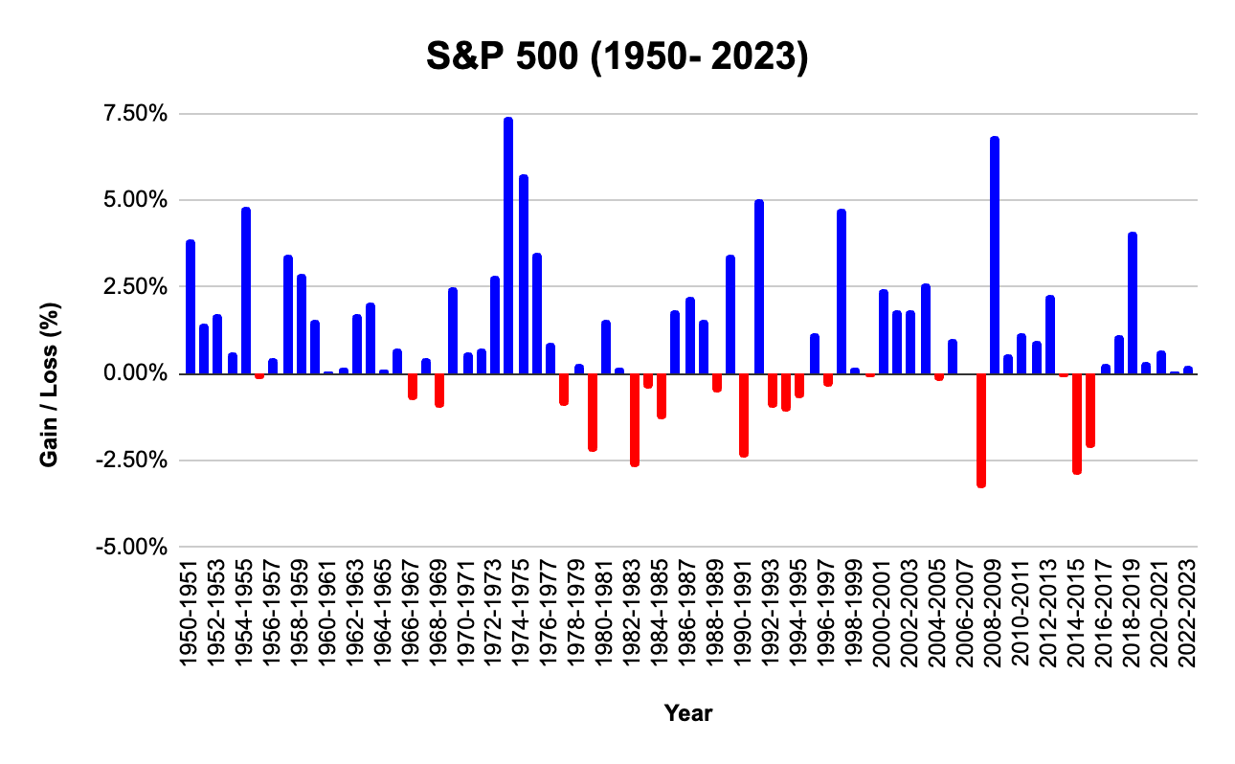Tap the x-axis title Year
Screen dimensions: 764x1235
688,713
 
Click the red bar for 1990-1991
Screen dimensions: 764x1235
744,414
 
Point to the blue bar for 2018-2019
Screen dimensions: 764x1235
1133,303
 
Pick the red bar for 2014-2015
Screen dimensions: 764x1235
1077,422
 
